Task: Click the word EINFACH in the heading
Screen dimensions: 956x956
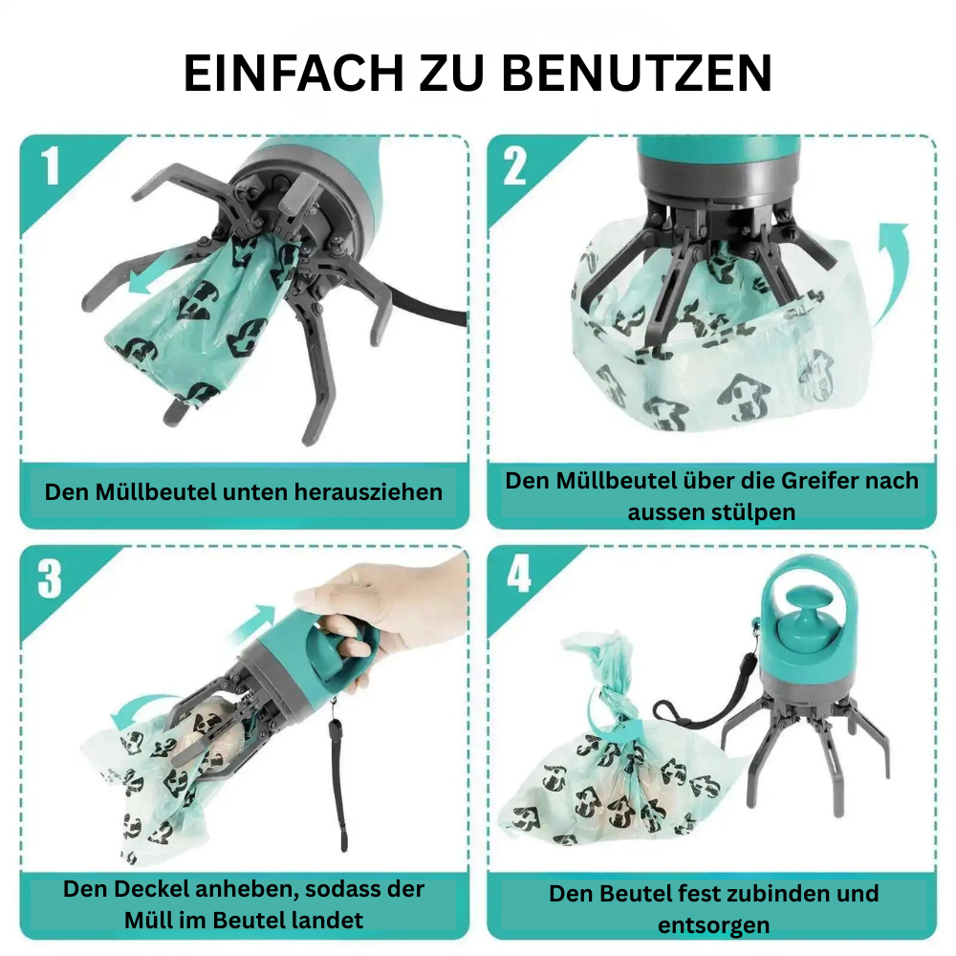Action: pos(293,74)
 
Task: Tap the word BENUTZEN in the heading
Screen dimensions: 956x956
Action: pos(637,74)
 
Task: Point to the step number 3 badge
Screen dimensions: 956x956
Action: pos(50,578)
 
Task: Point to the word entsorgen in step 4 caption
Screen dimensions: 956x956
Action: pos(713,925)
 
